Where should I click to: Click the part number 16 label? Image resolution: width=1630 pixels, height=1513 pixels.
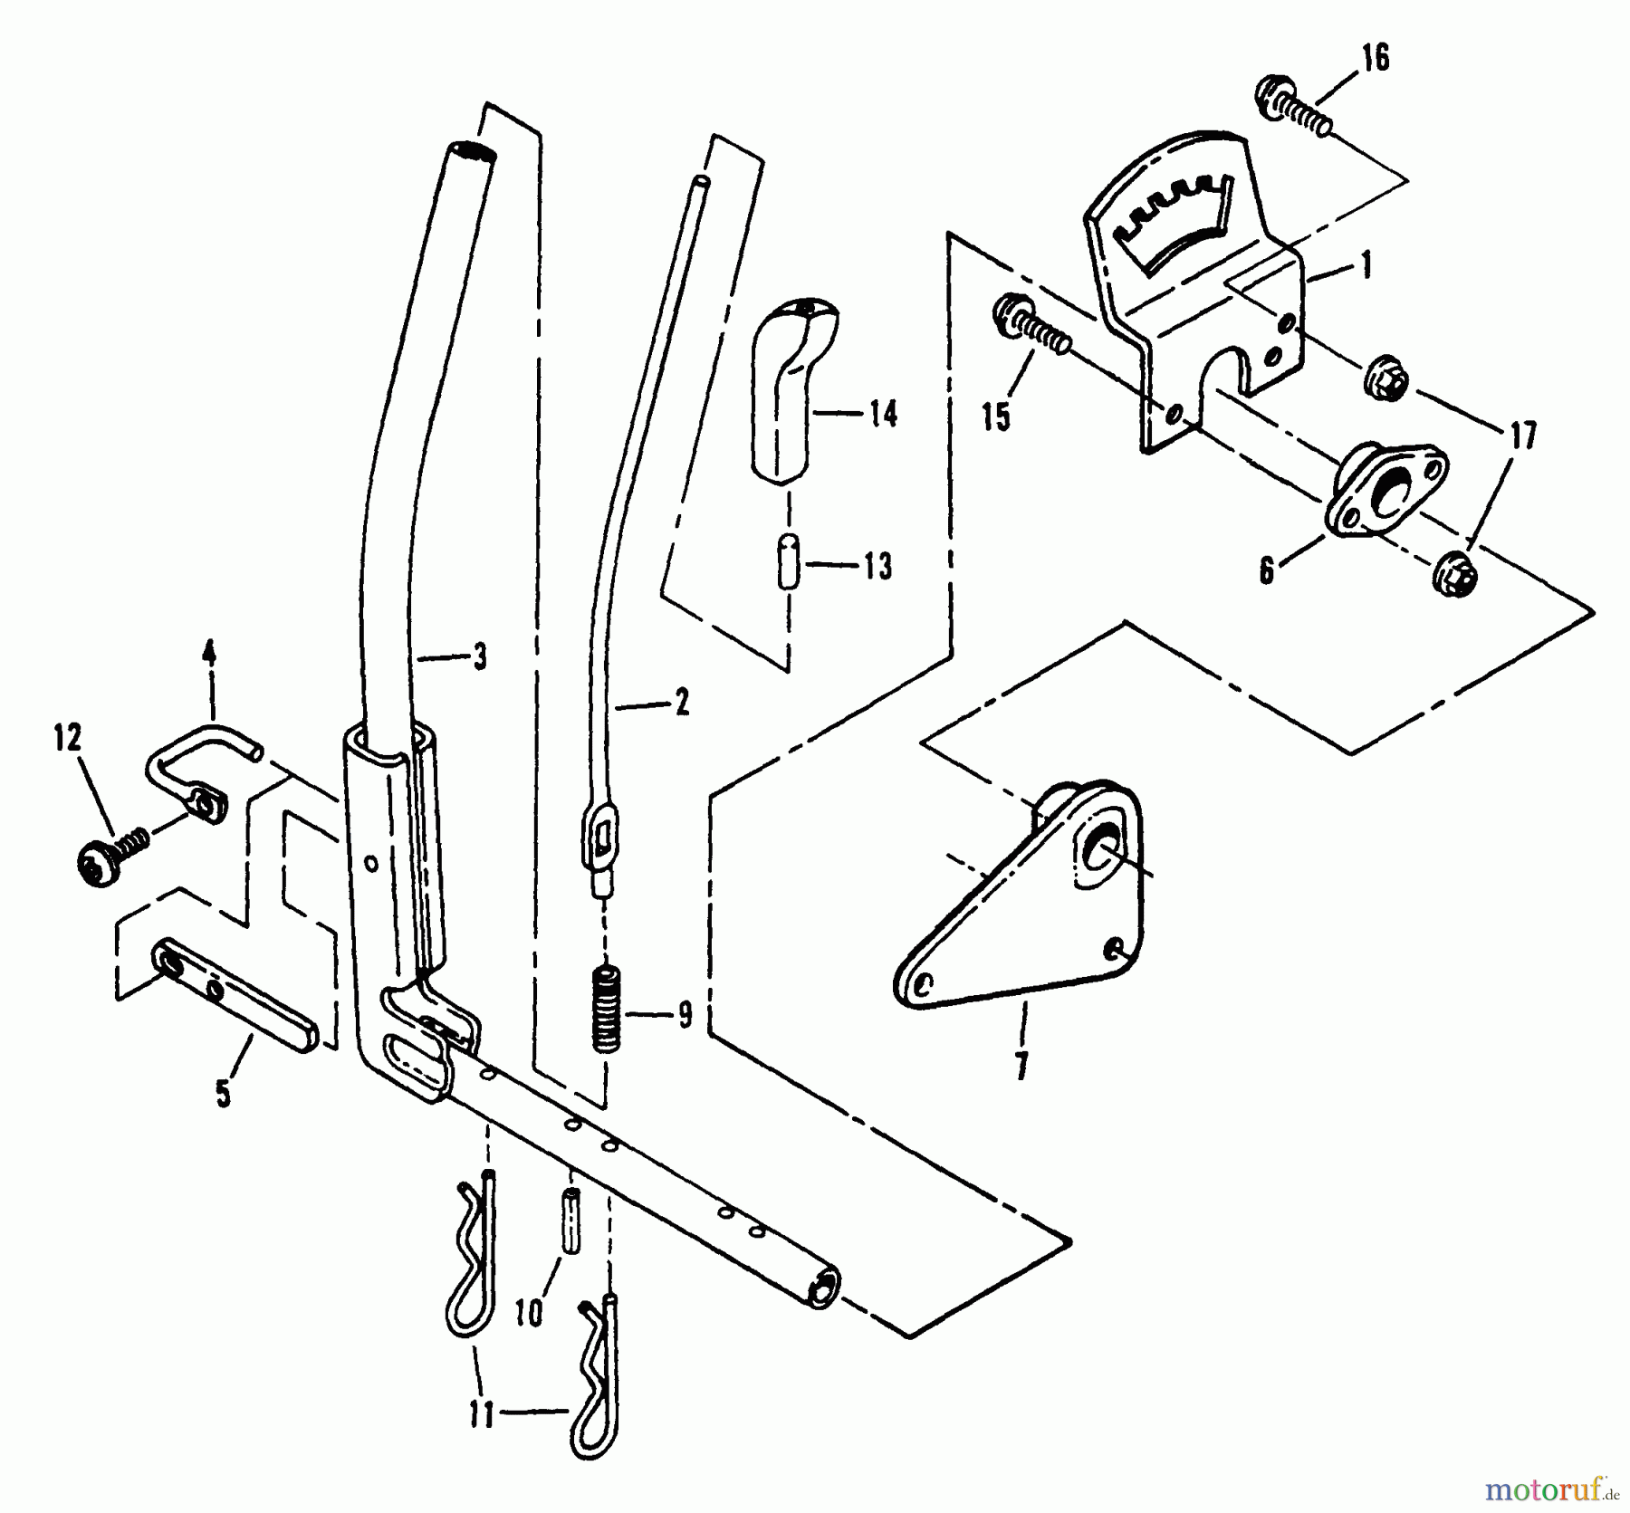click(x=1374, y=59)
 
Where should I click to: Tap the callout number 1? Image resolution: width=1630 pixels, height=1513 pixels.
click(x=1366, y=266)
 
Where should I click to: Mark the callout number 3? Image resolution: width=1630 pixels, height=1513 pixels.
click(x=479, y=656)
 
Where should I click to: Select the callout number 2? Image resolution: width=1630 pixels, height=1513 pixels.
click(x=680, y=702)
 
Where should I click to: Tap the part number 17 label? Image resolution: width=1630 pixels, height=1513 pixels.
click(x=1523, y=436)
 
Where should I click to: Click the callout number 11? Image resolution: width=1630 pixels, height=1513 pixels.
click(x=482, y=1413)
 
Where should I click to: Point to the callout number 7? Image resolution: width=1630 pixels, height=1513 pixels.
click(x=1022, y=1067)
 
